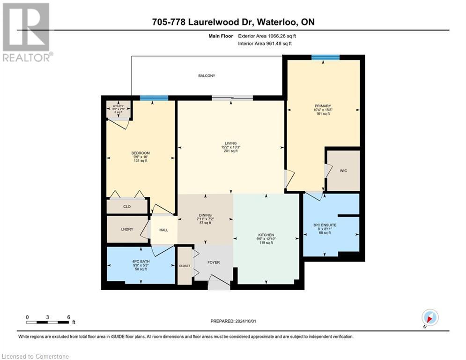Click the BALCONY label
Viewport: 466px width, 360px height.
pyautogui.click(x=206, y=75)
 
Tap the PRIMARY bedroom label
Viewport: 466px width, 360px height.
pyautogui.click(x=323, y=106)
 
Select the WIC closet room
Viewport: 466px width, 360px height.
pyautogui.click(x=343, y=171)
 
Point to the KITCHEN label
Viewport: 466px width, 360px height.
pyautogui.click(x=266, y=235)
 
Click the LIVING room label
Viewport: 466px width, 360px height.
pyautogui.click(x=230, y=143)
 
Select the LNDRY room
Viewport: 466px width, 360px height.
pyautogui.click(x=126, y=229)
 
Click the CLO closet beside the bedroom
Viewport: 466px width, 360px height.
pyautogui.click(x=126, y=206)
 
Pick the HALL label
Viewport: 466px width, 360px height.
pyautogui.click(x=163, y=230)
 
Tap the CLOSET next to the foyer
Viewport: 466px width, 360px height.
pyautogui.click(x=185, y=265)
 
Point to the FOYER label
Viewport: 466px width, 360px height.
pyautogui.click(x=214, y=262)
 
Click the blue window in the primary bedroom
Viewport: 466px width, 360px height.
pyautogui.click(x=325, y=57)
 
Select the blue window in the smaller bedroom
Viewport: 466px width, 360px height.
pyautogui.click(x=154, y=98)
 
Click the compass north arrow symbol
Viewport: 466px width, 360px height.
pyautogui.click(x=429, y=317)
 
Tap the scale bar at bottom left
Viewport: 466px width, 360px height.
pyautogui.click(x=48, y=322)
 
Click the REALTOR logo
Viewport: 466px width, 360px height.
pyautogui.click(x=26, y=32)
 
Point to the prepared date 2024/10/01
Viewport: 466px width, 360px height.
pyautogui.click(x=233, y=321)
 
